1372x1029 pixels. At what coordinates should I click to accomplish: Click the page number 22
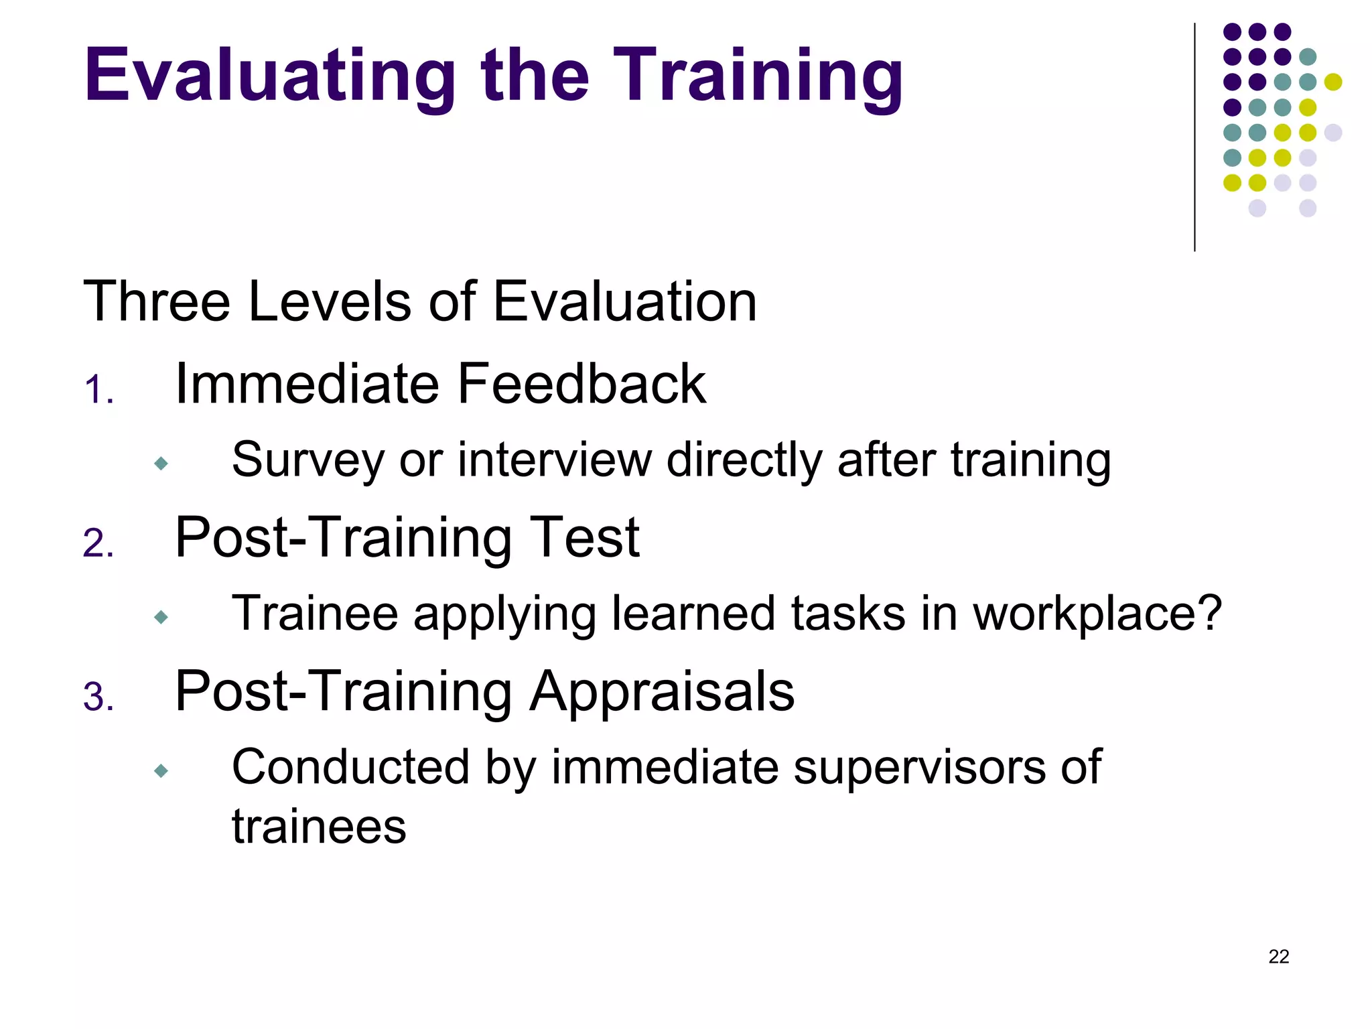1278,957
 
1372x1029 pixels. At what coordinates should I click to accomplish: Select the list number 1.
98,391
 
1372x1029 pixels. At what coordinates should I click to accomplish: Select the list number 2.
98,543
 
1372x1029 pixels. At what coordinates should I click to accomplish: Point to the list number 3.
98,697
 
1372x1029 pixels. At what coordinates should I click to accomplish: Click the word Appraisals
662,691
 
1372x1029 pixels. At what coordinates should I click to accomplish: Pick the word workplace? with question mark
1097,614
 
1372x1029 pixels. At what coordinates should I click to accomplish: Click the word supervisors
918,767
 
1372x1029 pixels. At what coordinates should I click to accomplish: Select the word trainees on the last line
319,827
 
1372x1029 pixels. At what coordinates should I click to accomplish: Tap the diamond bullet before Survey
161,464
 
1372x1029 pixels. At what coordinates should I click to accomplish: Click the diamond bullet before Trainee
161,617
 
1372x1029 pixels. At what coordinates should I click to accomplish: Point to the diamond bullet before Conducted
161,771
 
